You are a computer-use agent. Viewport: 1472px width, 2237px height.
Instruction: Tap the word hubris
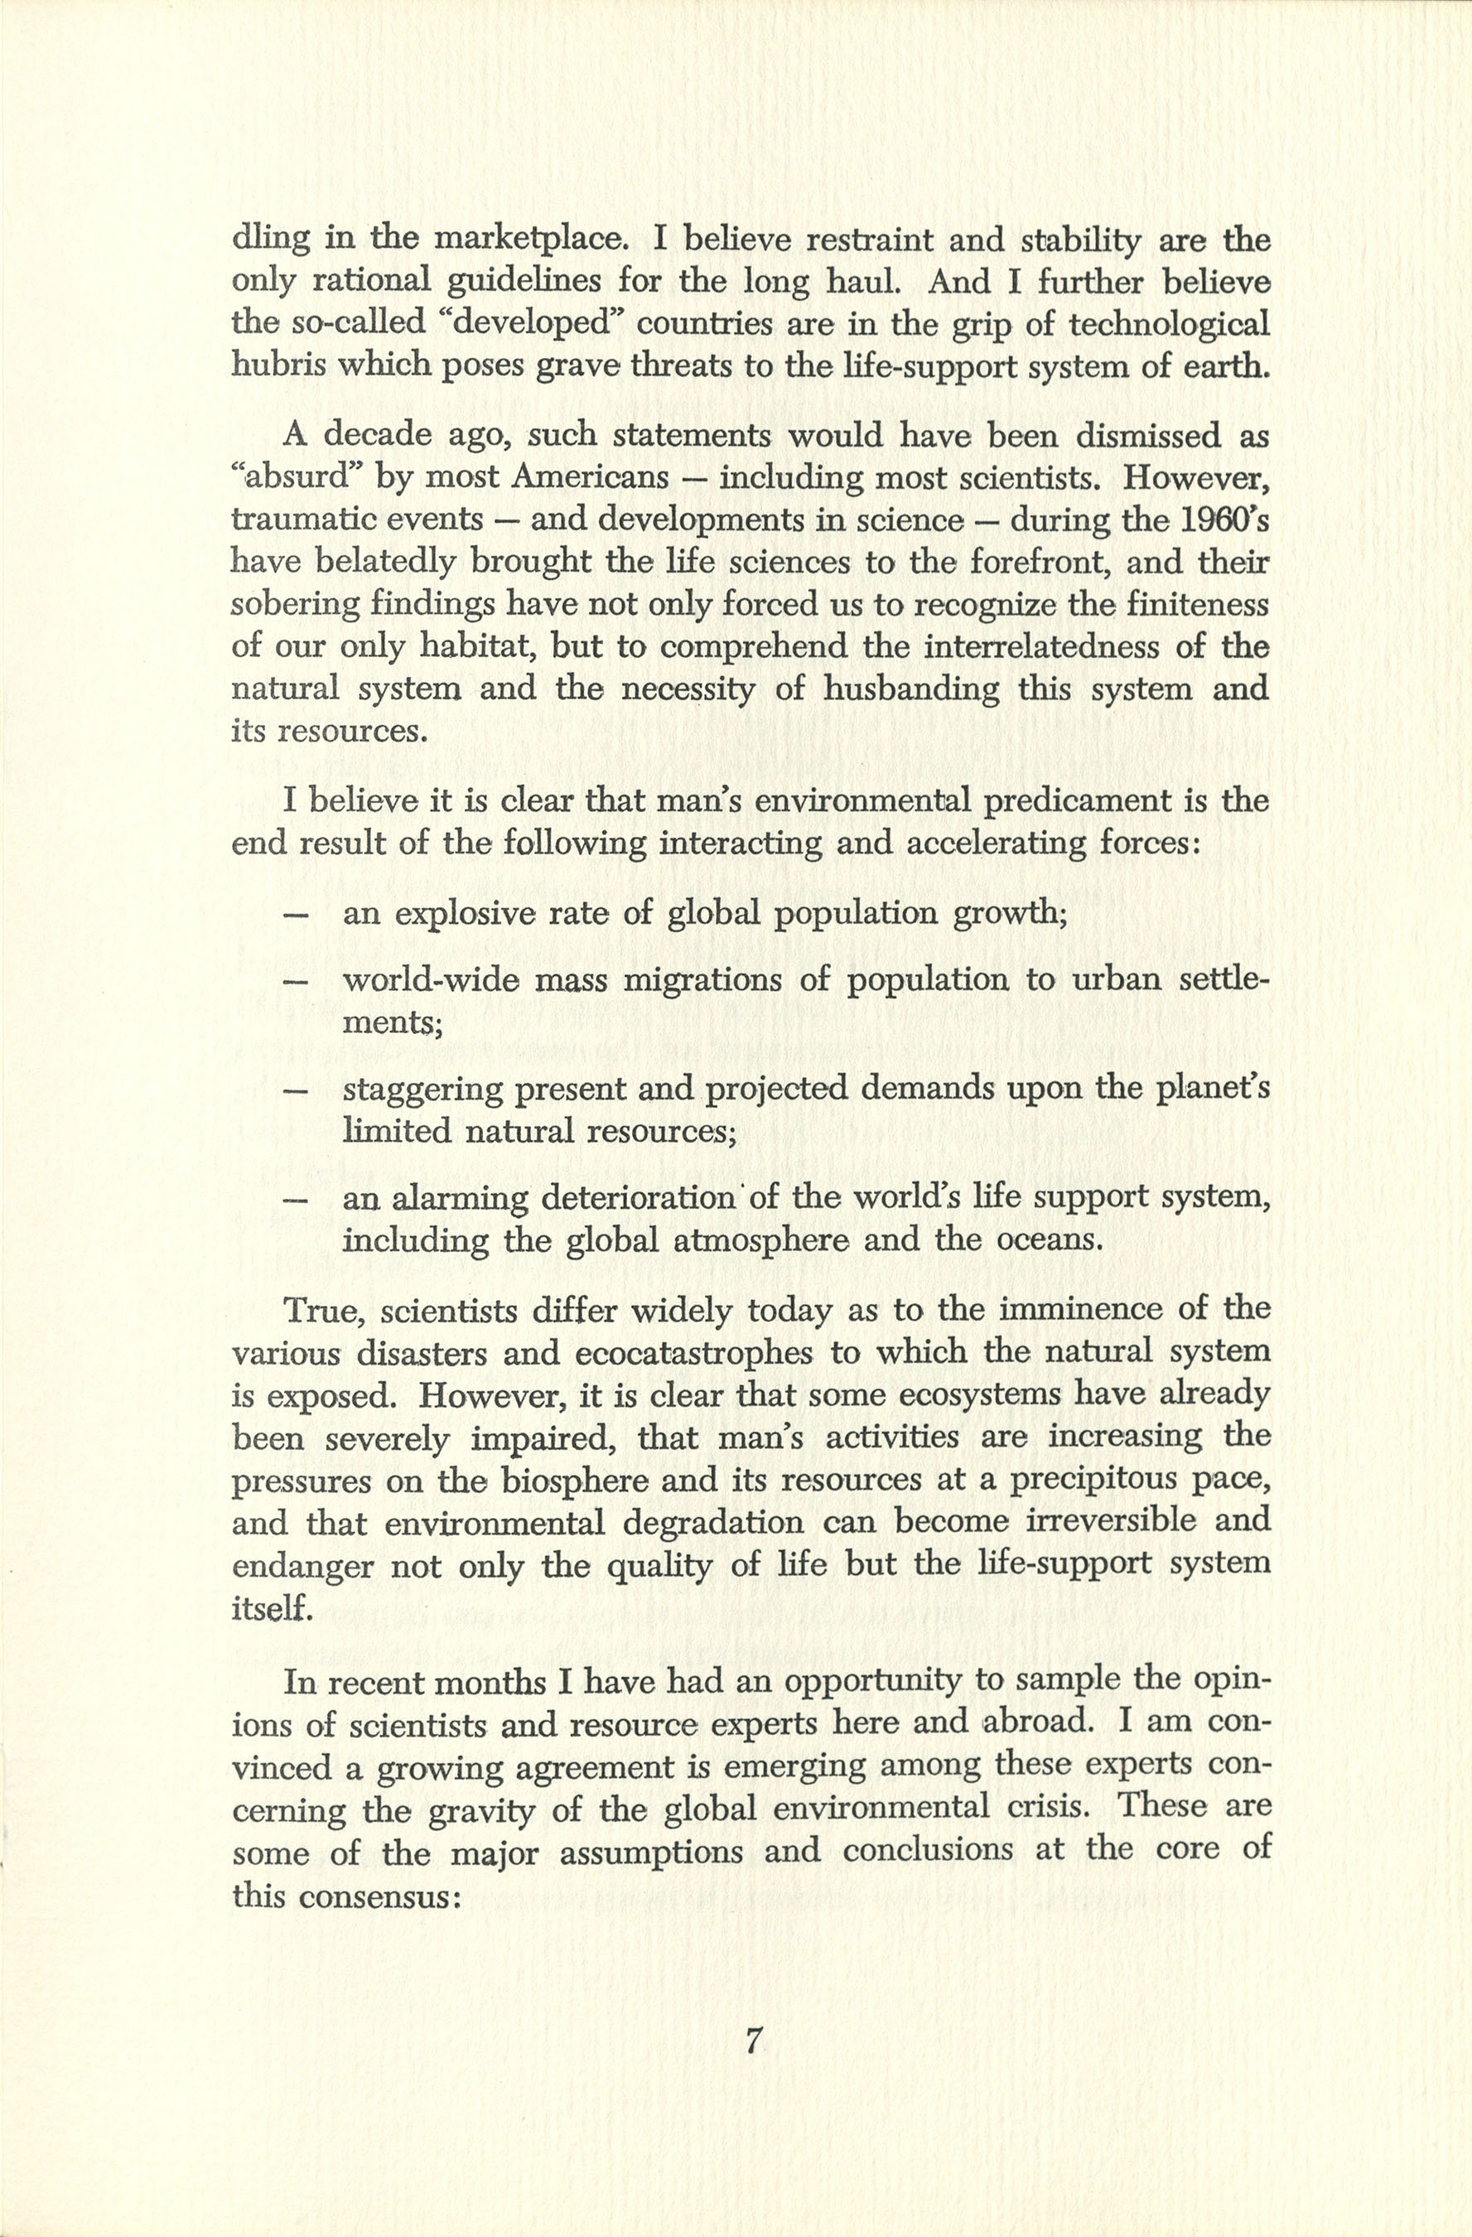(273, 365)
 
